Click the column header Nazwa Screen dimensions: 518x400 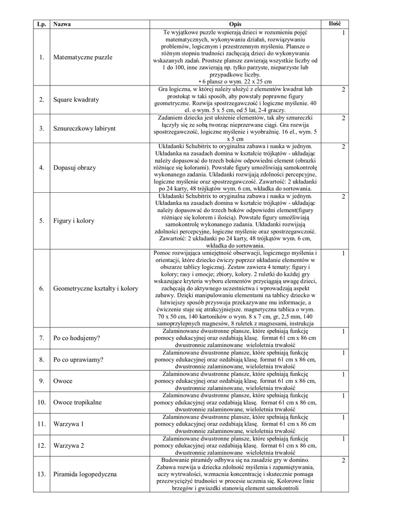[62, 24]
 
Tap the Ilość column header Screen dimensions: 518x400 [335, 24]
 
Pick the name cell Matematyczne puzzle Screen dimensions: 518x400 [82, 57]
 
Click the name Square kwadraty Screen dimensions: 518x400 [76, 100]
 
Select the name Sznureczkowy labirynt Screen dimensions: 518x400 [84, 128]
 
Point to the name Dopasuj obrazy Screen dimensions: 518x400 [74, 167]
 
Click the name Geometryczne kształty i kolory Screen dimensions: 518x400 [95, 288]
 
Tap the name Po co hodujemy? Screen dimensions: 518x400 [76, 338]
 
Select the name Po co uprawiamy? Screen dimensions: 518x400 [78, 360]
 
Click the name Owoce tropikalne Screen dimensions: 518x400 [77, 402]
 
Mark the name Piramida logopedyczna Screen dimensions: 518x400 [84, 474]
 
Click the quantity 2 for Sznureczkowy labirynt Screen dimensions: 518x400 [343, 118]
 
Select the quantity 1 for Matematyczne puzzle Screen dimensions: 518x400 [343, 33]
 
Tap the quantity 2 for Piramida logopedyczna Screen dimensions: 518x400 [343, 461]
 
